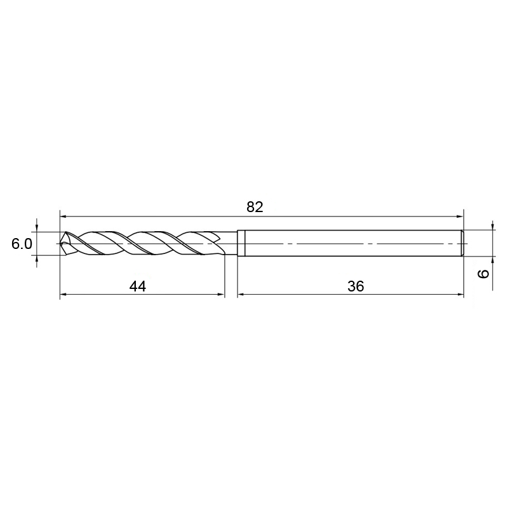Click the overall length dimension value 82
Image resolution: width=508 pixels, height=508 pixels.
(x=255, y=207)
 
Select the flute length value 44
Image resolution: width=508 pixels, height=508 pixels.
(x=138, y=286)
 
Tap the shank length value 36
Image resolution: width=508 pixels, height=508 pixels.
(x=356, y=286)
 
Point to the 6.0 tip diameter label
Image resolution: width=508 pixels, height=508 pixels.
(x=22, y=244)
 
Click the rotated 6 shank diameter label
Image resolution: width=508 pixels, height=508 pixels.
(x=484, y=274)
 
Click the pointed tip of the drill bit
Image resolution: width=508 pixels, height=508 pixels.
(x=61, y=244)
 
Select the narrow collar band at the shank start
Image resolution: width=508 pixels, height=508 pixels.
(x=241, y=243)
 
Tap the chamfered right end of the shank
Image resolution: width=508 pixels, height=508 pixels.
(x=463, y=243)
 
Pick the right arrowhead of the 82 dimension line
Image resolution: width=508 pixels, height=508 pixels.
(x=460, y=216)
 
